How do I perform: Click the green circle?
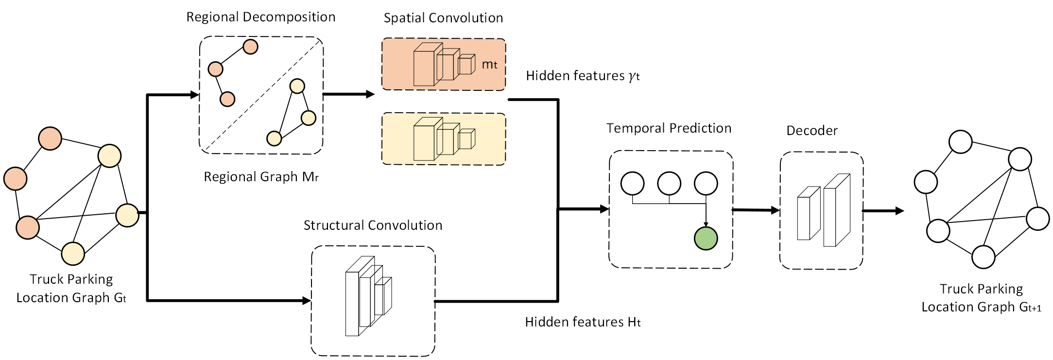[706, 239]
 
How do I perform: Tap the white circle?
[1037, 219]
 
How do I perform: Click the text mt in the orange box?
[489, 65]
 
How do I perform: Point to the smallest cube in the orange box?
[466, 65]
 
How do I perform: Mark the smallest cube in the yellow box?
[466, 140]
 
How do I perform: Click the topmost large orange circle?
[50, 139]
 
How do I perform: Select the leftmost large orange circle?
[16, 179]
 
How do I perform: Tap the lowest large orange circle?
[28, 227]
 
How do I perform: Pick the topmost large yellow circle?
[109, 156]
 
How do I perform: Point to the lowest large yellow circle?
[73, 254]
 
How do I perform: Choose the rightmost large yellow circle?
[127, 215]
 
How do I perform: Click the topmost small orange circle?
[250, 47]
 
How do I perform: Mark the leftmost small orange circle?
[215, 69]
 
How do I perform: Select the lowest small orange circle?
[227, 99]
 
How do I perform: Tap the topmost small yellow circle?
[297, 86]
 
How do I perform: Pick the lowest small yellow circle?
[274, 138]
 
